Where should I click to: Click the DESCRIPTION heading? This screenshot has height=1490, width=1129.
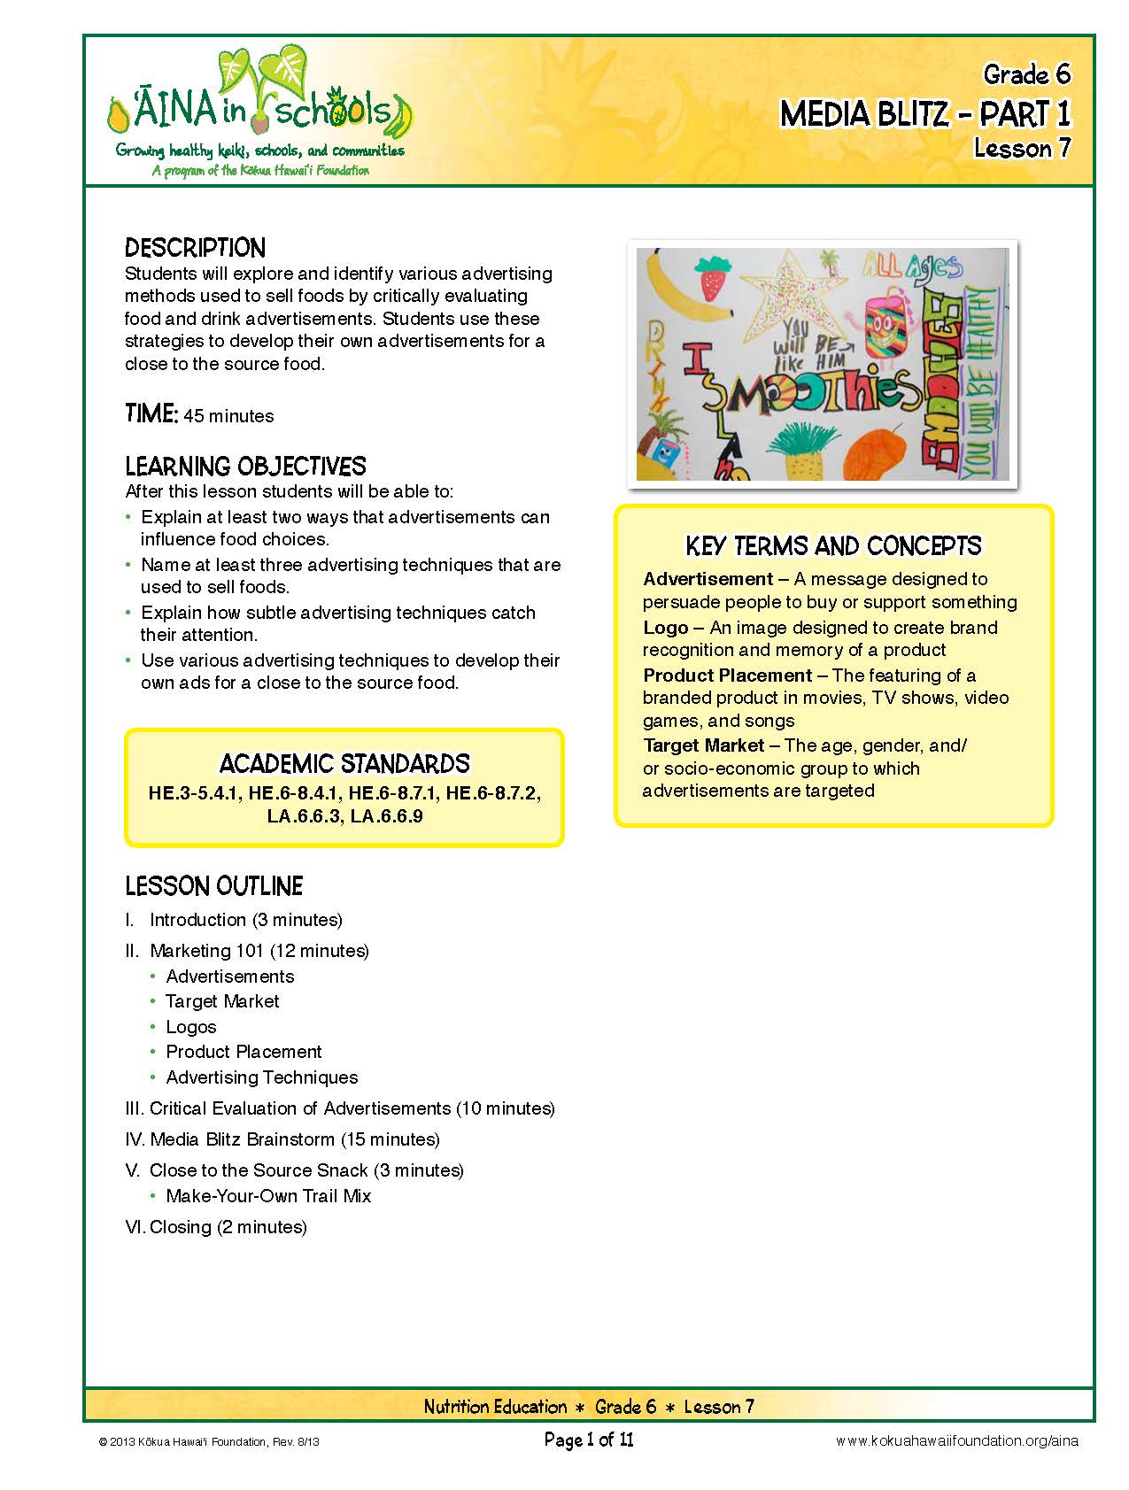tap(195, 248)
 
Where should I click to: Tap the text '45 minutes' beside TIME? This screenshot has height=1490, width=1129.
tap(228, 416)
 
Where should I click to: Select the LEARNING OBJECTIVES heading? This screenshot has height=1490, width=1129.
tap(245, 467)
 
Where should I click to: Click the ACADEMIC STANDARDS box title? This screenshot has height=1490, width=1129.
tap(344, 764)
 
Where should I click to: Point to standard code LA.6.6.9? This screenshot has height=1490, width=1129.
tap(387, 816)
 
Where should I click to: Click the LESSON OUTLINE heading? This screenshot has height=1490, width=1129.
tap(213, 886)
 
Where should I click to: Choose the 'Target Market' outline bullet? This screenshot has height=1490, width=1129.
tap(222, 1001)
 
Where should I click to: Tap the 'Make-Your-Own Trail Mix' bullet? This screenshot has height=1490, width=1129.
tap(268, 1196)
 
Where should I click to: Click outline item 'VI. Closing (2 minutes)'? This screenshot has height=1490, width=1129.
tap(216, 1227)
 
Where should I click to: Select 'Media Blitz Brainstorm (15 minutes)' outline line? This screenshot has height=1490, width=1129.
tap(294, 1139)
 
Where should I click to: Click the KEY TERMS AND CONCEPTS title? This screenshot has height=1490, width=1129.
tap(833, 545)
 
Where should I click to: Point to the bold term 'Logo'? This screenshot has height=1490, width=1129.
tap(666, 628)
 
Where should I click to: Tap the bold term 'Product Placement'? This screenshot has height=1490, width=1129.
tap(727, 676)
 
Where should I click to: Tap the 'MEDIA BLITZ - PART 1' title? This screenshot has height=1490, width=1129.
tap(924, 114)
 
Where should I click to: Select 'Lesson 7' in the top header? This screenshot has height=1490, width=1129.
tap(1022, 148)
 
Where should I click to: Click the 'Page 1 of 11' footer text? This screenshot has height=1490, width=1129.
tap(589, 1440)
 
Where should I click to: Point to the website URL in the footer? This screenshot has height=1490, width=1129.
tap(956, 1441)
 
